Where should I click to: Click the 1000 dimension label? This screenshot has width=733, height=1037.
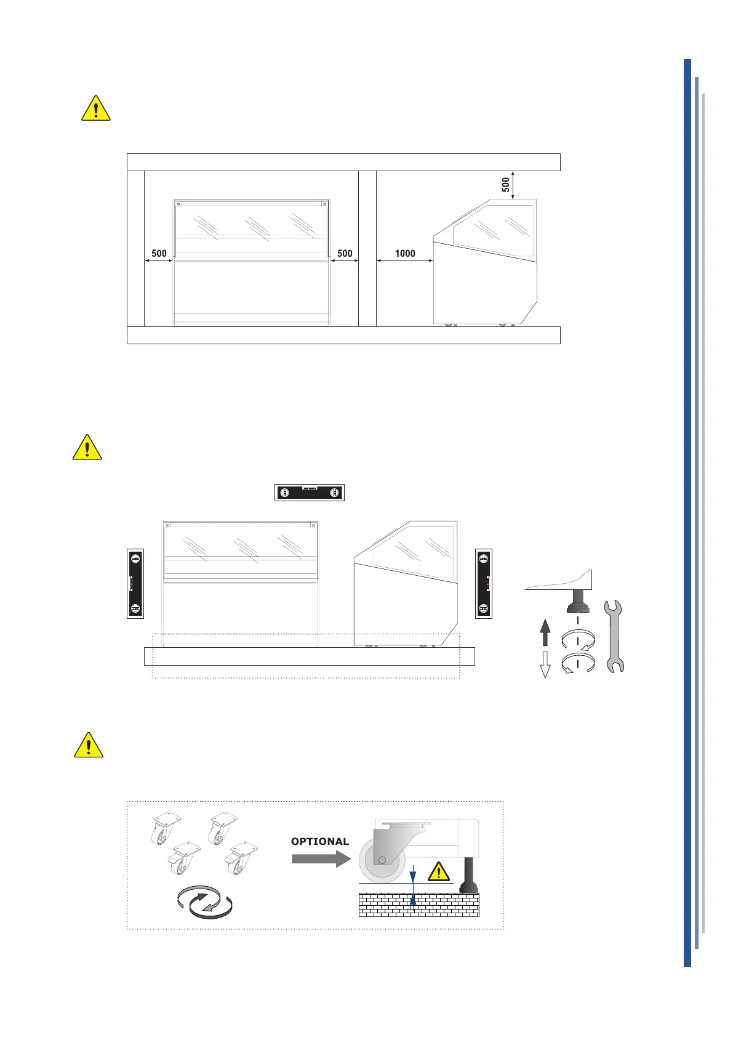tap(405, 253)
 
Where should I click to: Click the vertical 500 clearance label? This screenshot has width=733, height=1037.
tap(505, 184)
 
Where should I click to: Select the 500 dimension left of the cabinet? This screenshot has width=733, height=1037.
tap(159, 253)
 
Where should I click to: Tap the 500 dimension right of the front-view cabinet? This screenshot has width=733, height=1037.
tap(345, 253)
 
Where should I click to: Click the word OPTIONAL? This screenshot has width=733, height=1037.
tap(320, 841)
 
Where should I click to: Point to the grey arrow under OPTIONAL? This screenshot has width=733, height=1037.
tap(321, 858)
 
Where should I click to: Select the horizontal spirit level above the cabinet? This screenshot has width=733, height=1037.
tap(309, 493)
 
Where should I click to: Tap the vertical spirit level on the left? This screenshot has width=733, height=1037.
tap(135, 583)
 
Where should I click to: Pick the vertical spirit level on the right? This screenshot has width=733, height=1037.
tap(484, 583)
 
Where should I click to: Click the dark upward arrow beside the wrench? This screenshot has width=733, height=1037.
tap(545, 633)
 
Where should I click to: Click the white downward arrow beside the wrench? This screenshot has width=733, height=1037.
tap(545, 664)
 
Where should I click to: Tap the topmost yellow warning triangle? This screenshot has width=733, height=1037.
tap(96, 108)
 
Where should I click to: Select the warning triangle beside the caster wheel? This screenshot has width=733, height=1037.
tap(438, 871)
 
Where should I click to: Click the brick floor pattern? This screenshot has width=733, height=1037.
tap(419, 905)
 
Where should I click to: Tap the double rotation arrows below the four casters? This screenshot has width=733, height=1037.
tap(204, 903)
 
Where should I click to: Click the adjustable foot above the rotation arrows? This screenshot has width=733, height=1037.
tap(577, 601)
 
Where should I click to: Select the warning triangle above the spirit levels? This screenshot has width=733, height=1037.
tap(87, 448)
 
